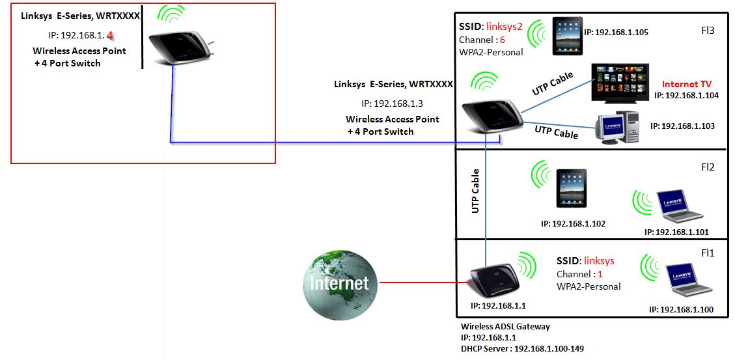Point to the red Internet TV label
(x=686, y=84)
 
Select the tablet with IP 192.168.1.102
(x=571, y=188)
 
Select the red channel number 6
(x=502, y=40)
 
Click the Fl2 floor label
(x=707, y=167)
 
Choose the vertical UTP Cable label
(x=475, y=191)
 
